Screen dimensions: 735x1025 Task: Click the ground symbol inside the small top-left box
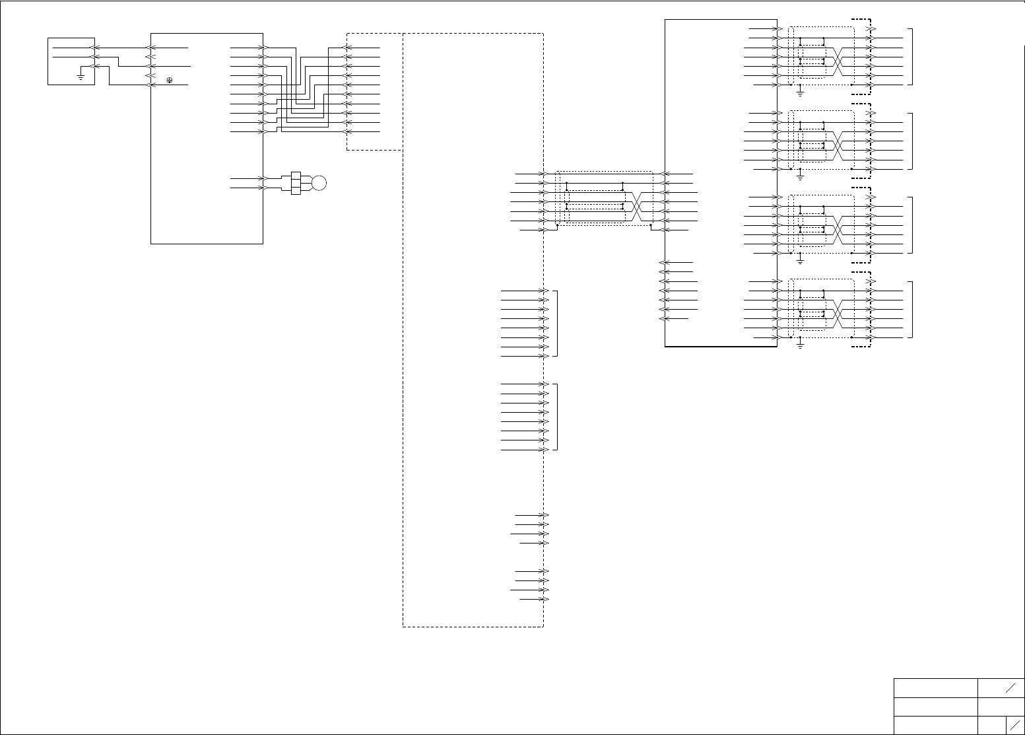[80, 77]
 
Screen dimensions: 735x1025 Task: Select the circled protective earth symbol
[170, 80]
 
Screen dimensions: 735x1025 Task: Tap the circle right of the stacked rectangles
[319, 183]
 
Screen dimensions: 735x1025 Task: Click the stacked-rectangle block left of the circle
[295, 183]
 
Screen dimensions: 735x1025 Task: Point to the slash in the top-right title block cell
[1010, 687]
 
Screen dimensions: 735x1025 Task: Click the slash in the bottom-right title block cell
[1014, 724]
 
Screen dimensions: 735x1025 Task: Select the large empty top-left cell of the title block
[935, 687]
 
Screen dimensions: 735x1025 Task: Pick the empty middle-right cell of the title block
[1001, 706]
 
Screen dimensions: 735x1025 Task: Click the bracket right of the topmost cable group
[912, 57]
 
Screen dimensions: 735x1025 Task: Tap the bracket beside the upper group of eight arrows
[557, 323]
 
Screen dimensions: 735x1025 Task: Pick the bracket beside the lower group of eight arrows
[557, 417]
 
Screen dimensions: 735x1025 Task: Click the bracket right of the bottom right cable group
[912, 309]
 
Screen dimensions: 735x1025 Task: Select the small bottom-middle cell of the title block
[992, 724]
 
